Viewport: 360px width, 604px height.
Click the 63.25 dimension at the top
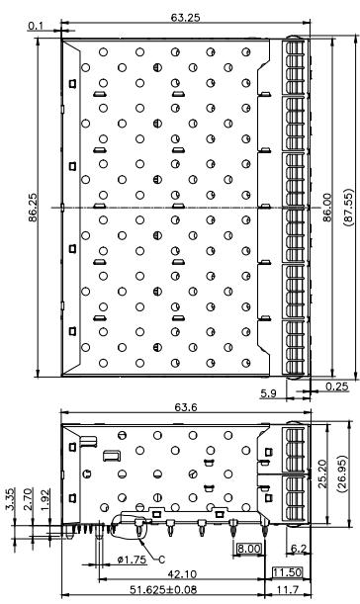pyautogui.click(x=185, y=18)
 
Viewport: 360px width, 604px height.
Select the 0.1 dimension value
pyautogui.click(x=36, y=26)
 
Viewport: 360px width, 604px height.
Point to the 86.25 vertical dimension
pyautogui.click(x=33, y=208)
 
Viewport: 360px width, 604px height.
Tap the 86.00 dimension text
pyautogui.click(x=326, y=208)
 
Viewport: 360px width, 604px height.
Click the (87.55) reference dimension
pyautogui.click(x=348, y=208)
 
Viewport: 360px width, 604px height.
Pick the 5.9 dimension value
pyautogui.click(x=268, y=393)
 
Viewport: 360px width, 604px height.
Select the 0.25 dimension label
pyautogui.click(x=336, y=387)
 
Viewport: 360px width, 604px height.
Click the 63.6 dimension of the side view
pyautogui.click(x=185, y=407)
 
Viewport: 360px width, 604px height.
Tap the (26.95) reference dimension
pyautogui.click(x=342, y=474)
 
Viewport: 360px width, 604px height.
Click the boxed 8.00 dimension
pyautogui.click(x=248, y=548)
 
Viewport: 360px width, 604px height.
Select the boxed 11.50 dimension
pyautogui.click(x=287, y=572)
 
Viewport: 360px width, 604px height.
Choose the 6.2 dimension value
pyautogui.click(x=299, y=549)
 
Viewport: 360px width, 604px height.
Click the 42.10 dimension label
pyautogui.click(x=182, y=574)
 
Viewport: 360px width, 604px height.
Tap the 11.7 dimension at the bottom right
pyautogui.click(x=288, y=590)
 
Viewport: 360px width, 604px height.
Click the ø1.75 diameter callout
pyautogui.click(x=133, y=560)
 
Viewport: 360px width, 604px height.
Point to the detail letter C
pyautogui.click(x=162, y=559)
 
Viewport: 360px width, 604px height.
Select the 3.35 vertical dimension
pyautogui.click(x=11, y=499)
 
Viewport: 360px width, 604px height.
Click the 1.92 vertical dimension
pyautogui.click(x=45, y=499)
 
